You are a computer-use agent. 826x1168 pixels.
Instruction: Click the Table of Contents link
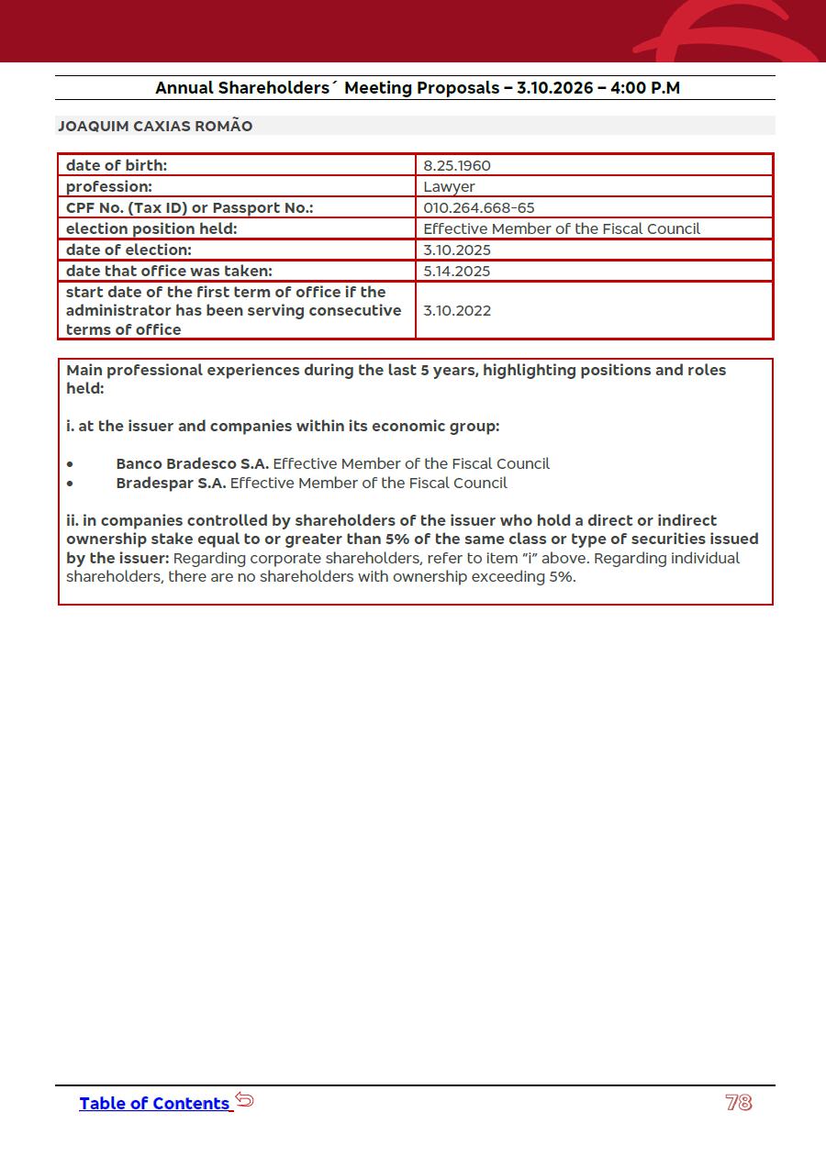point(154,1103)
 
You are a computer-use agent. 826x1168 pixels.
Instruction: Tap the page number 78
point(738,1103)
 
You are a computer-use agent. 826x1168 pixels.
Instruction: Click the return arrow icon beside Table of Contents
point(244,1099)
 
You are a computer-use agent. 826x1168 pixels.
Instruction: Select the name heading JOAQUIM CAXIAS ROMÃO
point(155,126)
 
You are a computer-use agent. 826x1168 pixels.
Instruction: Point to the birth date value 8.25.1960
point(456,166)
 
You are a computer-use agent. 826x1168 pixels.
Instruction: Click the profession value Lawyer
point(449,187)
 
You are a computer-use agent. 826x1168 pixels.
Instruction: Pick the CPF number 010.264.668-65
point(478,208)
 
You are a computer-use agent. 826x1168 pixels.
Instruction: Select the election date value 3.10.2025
point(456,250)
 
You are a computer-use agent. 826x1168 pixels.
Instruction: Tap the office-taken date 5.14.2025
point(456,272)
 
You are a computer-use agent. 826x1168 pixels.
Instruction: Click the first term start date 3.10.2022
point(456,311)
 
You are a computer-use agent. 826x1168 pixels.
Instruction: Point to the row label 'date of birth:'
point(117,166)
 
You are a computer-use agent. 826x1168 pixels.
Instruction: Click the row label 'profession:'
point(109,187)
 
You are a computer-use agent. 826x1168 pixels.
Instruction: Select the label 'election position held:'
point(151,229)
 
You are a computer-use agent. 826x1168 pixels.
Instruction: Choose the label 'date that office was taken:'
point(169,272)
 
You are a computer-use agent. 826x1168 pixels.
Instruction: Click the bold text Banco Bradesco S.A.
point(192,464)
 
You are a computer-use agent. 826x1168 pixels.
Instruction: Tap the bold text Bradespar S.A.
point(171,484)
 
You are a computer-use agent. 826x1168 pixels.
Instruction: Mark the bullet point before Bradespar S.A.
point(70,484)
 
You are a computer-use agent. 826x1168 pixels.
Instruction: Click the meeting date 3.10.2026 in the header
point(554,88)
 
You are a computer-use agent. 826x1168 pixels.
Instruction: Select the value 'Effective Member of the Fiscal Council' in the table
point(561,229)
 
